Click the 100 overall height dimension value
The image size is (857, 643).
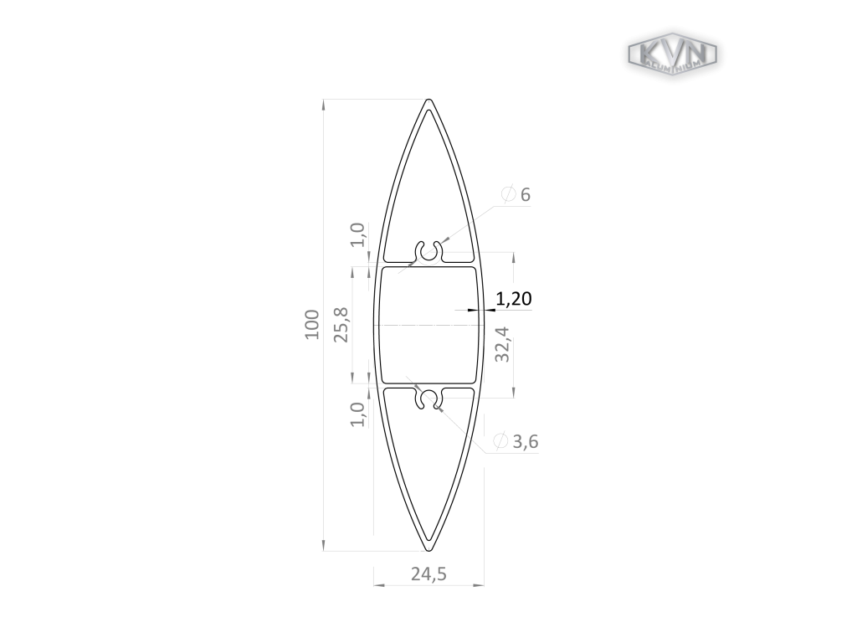[312, 324]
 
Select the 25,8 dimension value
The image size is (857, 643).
[341, 324]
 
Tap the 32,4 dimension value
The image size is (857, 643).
[502, 344]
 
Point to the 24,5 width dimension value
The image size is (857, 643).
[428, 574]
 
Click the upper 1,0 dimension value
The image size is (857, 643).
[357, 234]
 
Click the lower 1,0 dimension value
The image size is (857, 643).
[357, 414]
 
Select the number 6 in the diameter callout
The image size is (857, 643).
[526, 195]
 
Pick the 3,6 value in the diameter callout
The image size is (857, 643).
[526, 441]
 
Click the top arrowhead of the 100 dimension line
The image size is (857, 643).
[323, 104]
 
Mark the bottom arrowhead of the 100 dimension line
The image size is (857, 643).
[323, 546]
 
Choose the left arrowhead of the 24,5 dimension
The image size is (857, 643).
[377, 584]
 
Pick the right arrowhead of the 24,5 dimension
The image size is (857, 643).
[480, 584]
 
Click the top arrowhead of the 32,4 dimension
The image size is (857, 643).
[513, 256]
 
